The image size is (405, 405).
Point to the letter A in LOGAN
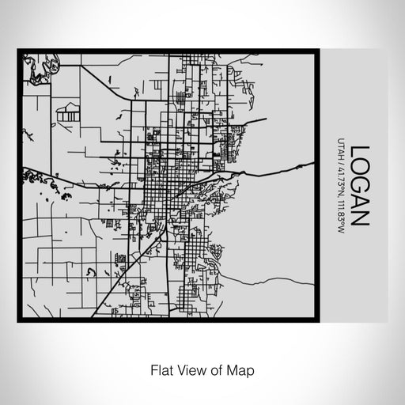point(359,202)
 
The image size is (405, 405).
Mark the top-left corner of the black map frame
point(19,51)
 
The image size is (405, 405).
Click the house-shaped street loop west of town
point(70,112)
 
